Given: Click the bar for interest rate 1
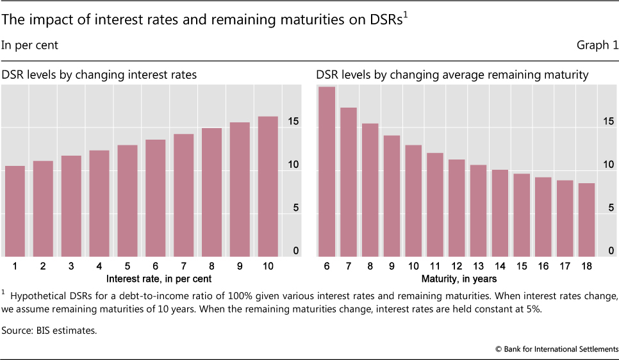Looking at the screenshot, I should pos(15,211).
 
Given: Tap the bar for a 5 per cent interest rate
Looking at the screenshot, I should pos(128,201).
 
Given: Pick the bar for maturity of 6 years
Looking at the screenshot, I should pos(327,172).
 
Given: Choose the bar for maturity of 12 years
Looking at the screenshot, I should pos(457,208).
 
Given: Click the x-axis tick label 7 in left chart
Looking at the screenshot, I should pos(183,266).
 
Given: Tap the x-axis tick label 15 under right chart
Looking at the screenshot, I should pos(522,266).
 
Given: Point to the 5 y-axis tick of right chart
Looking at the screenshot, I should pos(611,208).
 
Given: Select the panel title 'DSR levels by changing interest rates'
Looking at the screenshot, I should pos(99,75).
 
